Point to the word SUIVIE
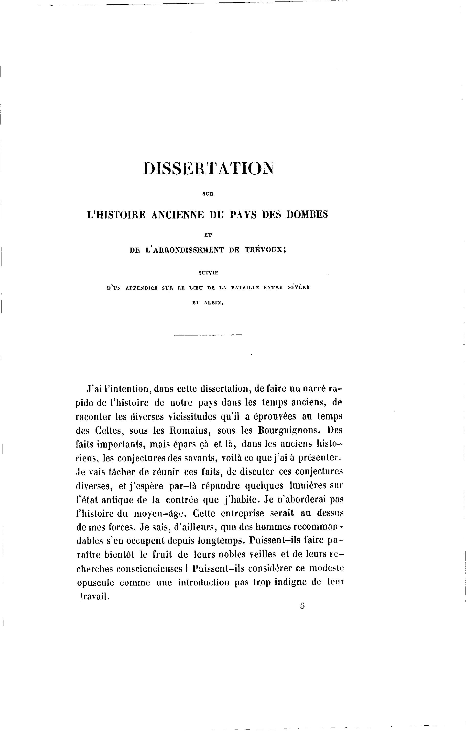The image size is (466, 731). click(208, 273)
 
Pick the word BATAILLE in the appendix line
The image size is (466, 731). click(245, 288)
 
